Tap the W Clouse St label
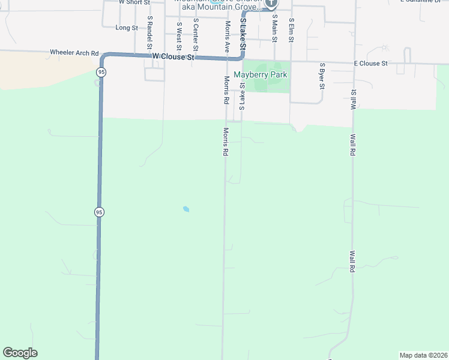pyautogui.click(x=174, y=56)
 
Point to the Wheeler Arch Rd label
pyautogui.click(x=74, y=53)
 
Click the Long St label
pyautogui.click(x=127, y=28)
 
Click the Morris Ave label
pyautogui.click(x=228, y=37)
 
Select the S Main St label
pyautogui.click(x=274, y=30)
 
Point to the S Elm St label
pyautogui.click(x=291, y=30)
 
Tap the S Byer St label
pyautogui.click(x=322, y=76)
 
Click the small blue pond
pyautogui.click(x=186, y=209)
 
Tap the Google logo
pyautogui.click(x=20, y=353)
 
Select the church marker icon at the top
pyautogui.click(x=271, y=3)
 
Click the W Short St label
pyautogui.click(x=132, y=2)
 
